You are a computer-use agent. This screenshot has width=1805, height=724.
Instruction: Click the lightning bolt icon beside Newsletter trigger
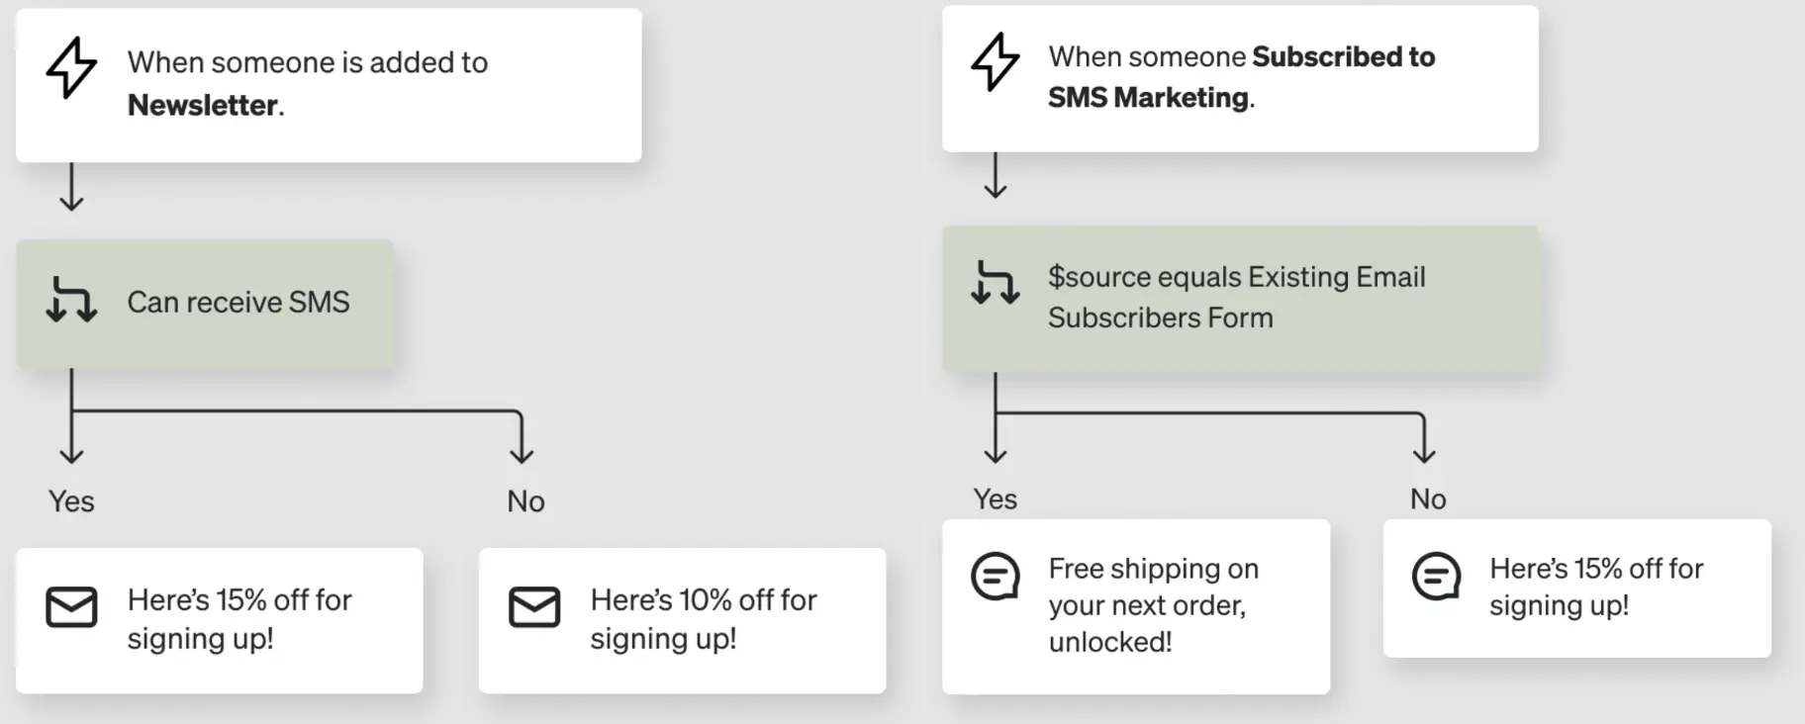click(71, 67)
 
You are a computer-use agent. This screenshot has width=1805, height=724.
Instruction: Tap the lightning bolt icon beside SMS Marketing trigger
click(995, 61)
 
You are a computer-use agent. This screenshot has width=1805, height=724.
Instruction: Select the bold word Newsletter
click(203, 105)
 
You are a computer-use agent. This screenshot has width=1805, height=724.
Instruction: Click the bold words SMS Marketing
click(1148, 97)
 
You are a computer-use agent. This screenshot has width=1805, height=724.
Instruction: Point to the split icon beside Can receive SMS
click(71, 300)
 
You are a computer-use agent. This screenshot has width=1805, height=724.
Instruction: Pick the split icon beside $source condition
click(995, 282)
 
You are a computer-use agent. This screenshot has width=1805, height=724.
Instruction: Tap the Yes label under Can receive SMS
click(71, 501)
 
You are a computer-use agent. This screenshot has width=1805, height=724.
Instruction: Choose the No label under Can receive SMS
click(525, 501)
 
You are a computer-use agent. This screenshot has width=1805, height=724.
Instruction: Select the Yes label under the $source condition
click(995, 498)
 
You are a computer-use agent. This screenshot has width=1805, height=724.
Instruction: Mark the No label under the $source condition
click(1428, 498)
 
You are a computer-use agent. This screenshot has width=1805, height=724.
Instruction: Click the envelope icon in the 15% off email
click(71, 607)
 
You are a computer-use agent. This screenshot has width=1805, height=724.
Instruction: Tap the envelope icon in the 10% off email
click(534, 607)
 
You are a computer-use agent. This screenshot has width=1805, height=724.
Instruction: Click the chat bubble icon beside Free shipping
click(995, 577)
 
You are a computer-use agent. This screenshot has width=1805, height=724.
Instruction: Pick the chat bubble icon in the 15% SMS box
click(1436, 577)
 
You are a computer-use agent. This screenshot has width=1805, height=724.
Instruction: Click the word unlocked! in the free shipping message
click(1110, 642)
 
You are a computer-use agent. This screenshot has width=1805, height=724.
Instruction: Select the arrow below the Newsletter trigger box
click(71, 188)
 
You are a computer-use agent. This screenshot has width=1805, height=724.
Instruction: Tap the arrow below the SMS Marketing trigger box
click(995, 176)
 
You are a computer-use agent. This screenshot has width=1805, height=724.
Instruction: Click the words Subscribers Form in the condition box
click(1160, 317)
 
